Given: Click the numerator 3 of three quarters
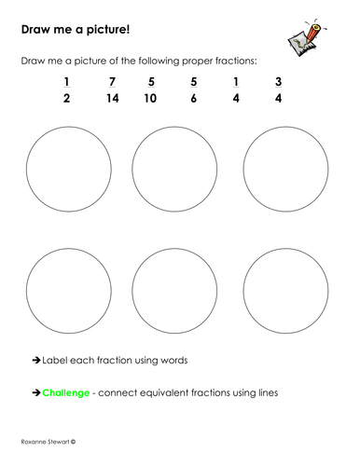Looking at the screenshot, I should coord(277,81).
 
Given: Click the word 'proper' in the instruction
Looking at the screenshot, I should coord(185,61).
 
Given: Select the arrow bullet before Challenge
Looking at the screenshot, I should coord(36,392).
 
